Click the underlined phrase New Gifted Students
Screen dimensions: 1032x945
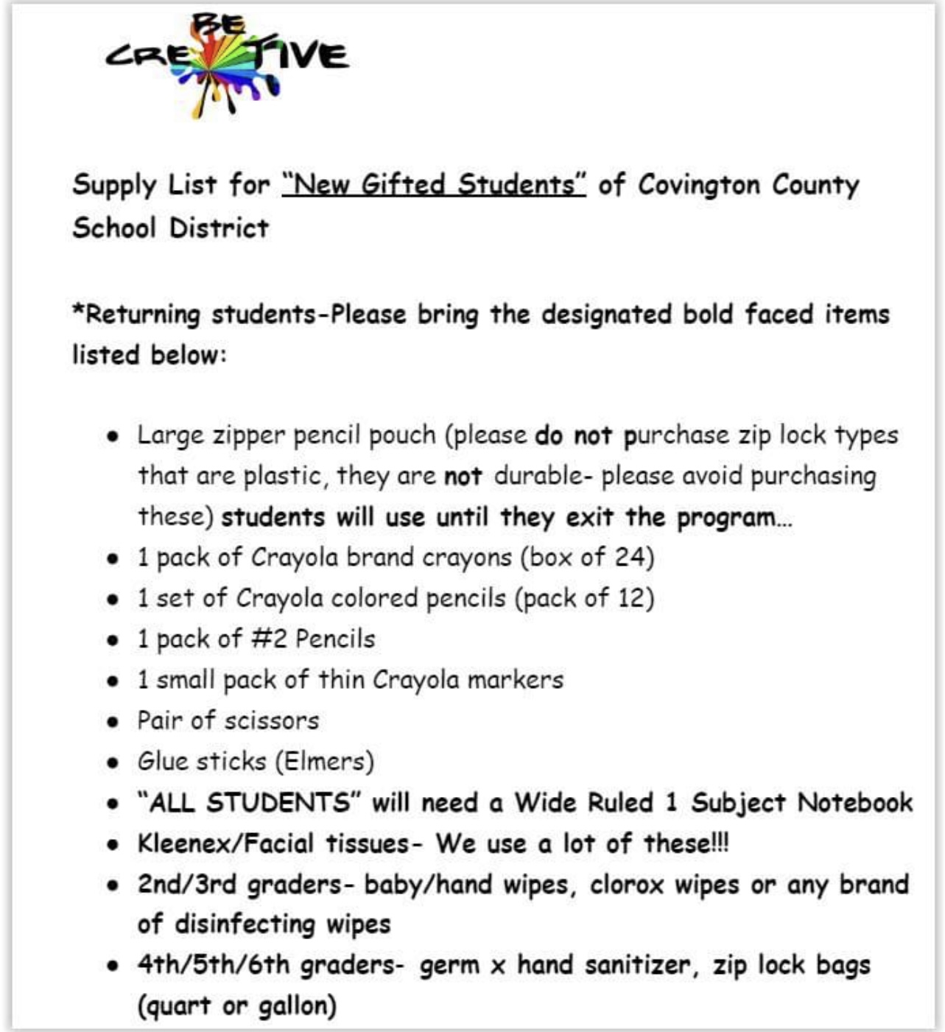(x=434, y=184)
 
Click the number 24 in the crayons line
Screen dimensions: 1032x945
(x=630, y=557)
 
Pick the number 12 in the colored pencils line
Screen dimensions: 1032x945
(x=630, y=597)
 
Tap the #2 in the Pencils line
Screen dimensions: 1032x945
(x=269, y=639)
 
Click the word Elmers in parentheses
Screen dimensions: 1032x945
(x=325, y=761)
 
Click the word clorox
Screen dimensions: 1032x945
(x=626, y=884)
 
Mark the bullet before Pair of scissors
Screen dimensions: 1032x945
(x=112, y=721)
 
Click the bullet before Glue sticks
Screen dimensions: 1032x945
(x=112, y=762)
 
